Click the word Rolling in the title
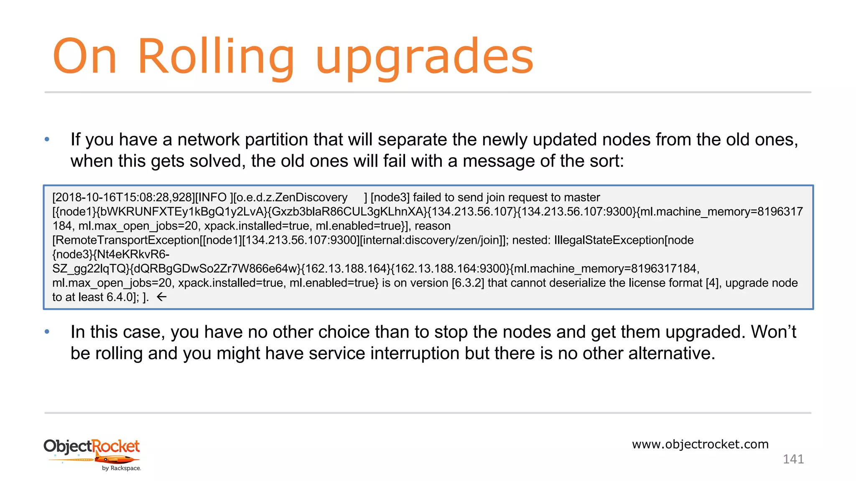pos(216,56)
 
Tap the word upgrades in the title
pos(424,58)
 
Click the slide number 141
pos(793,459)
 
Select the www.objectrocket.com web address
pos(700,444)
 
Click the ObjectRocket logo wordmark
pos(92,446)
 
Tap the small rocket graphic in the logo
pos(117,460)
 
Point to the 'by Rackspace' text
pos(121,468)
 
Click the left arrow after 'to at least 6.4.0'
pos(161,297)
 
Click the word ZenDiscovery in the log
pos(311,197)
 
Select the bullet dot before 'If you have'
pos(47,139)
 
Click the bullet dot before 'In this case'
pos(47,332)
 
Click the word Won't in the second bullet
pos(773,332)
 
